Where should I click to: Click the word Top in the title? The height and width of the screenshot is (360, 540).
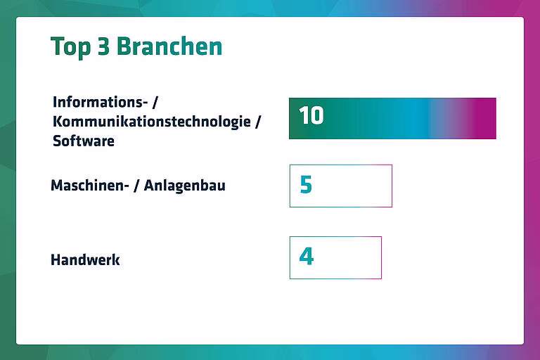(71, 46)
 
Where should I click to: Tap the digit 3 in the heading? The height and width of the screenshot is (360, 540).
(103, 46)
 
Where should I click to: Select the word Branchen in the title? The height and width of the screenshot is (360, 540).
(169, 46)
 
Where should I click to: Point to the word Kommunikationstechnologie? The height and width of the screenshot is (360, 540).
(152, 121)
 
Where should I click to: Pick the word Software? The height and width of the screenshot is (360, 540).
(84, 141)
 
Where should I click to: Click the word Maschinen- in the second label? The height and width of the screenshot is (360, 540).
(90, 186)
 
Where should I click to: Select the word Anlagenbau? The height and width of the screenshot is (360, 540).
(185, 186)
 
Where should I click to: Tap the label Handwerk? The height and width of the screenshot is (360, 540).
(85, 259)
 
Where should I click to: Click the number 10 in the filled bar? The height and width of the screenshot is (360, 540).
(311, 115)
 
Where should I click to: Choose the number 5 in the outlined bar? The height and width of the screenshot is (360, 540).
(306, 184)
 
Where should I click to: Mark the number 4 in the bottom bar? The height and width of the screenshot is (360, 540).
(307, 257)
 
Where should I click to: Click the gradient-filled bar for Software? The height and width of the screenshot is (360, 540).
(392, 119)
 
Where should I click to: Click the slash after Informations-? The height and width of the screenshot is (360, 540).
(155, 102)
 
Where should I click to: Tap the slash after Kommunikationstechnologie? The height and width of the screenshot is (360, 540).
(257, 121)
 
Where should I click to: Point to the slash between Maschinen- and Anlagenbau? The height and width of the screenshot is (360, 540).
(136, 186)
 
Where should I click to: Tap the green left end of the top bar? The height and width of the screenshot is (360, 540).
(295, 119)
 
